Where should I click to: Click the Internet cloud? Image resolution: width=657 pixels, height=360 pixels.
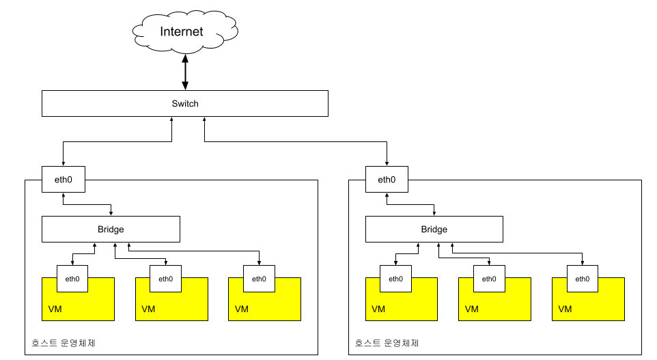(182, 32)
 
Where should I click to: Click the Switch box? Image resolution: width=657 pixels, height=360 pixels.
(185, 104)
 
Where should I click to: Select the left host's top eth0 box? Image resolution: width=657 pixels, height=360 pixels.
(63, 180)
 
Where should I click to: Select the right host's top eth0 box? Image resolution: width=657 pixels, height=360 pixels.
(387, 180)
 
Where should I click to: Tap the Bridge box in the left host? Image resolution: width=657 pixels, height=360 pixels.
(111, 229)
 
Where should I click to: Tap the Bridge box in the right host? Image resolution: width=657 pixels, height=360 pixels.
(434, 229)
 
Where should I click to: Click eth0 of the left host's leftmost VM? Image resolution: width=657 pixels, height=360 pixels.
(72, 278)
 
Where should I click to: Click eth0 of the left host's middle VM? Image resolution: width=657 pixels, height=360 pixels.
(166, 278)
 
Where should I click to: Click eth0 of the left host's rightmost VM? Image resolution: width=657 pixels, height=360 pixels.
(259, 278)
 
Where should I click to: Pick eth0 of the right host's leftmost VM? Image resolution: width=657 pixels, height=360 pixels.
(396, 278)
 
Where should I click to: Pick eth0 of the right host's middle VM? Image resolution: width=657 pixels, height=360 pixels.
(490, 278)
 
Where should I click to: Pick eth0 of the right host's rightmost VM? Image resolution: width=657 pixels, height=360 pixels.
(583, 278)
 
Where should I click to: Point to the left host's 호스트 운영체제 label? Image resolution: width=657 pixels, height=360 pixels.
(64, 343)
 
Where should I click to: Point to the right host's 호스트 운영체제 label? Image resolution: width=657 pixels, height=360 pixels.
(387, 343)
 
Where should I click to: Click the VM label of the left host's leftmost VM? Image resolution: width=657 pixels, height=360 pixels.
(55, 309)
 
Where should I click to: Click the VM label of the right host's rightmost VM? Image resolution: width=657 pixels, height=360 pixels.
(565, 309)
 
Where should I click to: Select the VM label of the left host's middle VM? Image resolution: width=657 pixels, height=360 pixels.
(148, 309)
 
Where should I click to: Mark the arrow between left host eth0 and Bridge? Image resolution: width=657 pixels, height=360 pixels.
(87, 204)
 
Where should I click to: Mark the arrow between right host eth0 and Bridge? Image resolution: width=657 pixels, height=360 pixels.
(410, 204)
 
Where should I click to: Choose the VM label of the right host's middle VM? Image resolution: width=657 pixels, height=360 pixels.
(472, 309)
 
